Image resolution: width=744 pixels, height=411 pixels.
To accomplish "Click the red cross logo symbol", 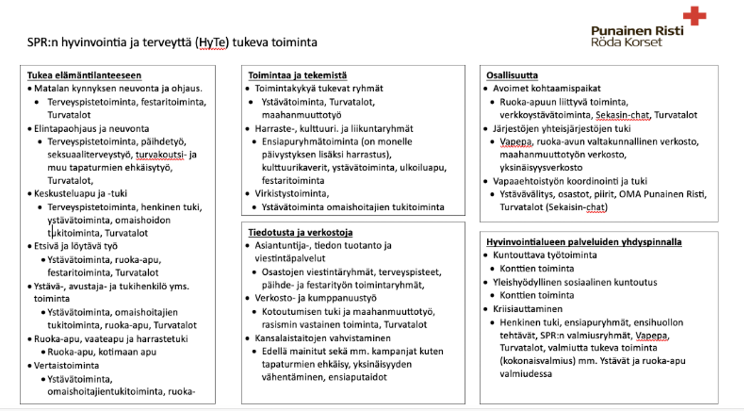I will (694, 16).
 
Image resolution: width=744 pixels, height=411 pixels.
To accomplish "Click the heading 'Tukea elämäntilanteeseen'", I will (84, 75).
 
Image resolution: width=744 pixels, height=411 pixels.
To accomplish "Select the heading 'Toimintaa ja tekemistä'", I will (297, 75).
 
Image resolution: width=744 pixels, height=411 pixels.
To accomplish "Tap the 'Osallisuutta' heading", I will (512, 75).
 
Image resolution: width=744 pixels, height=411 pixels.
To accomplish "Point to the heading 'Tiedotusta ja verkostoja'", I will (300, 232).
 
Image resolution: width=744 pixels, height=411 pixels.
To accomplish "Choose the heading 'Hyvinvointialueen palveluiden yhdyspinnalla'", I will (584, 242).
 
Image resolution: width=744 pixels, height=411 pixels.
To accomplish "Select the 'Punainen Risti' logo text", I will (637, 31).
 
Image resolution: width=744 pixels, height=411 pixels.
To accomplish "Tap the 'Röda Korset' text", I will (626, 42).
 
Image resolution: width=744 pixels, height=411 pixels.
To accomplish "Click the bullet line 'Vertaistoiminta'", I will (66, 366).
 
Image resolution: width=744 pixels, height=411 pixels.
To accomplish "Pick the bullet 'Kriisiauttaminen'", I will (527, 309).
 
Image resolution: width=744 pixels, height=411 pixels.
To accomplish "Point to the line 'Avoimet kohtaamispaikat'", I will (546, 88).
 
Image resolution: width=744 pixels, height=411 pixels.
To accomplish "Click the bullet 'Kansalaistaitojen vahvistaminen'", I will (322, 338).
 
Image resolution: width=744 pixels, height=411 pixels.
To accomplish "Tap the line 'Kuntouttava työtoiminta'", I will (544, 255).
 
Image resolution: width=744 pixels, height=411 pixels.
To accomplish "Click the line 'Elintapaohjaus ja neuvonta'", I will (91, 129).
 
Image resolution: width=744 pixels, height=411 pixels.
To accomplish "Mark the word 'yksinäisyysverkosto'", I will (541, 168).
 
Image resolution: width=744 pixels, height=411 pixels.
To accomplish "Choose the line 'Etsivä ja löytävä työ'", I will (76, 246).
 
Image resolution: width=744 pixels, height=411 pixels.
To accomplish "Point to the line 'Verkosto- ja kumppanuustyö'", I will (315, 298).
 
